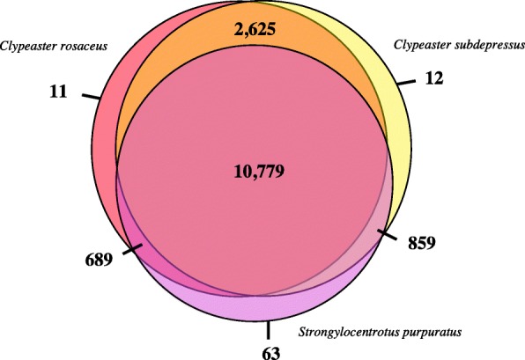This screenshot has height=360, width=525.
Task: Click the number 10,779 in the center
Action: (x=259, y=172)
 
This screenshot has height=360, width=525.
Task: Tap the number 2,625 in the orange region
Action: (x=255, y=29)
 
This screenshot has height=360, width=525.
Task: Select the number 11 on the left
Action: (x=58, y=92)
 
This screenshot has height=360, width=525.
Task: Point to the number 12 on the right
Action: (x=434, y=78)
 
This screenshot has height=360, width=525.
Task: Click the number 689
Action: (x=99, y=260)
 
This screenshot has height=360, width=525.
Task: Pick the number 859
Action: (x=422, y=243)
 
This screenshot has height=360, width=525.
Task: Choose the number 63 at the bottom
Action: (x=270, y=353)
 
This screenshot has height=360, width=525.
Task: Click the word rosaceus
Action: (x=84, y=46)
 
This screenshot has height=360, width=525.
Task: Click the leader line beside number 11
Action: (x=91, y=97)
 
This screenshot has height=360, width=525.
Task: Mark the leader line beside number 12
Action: (x=406, y=83)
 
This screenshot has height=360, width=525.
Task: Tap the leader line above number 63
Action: (x=268, y=330)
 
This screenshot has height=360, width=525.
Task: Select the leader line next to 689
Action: (x=133, y=249)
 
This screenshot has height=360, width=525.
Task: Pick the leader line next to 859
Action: (x=387, y=234)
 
